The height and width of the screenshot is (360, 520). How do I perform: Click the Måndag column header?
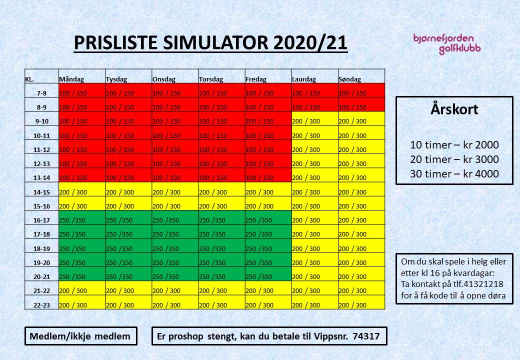pyautogui.click(x=71, y=79)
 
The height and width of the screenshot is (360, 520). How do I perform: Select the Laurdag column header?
pyautogui.click(x=304, y=79)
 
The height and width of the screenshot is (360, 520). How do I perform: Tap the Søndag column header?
pyautogui.click(x=350, y=79)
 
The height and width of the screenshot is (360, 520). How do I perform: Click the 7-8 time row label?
pyautogui.click(x=42, y=93)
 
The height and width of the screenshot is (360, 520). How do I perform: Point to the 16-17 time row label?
pyautogui.click(x=42, y=220)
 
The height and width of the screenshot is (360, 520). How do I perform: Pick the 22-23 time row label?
pyautogui.click(x=42, y=305)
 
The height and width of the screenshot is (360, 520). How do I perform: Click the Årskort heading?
pyautogui.click(x=454, y=109)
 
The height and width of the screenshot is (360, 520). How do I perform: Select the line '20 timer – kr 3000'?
pyautogui.click(x=454, y=159)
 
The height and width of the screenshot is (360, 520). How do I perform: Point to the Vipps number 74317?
pyautogui.click(x=366, y=336)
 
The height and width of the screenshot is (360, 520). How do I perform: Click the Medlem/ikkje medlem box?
pyautogui.click(x=81, y=336)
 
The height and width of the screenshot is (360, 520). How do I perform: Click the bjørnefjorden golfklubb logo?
pyautogui.click(x=447, y=44)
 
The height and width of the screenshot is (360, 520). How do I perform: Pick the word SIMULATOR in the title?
pyautogui.click(x=215, y=43)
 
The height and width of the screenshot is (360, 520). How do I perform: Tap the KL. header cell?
pyautogui.click(x=29, y=79)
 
